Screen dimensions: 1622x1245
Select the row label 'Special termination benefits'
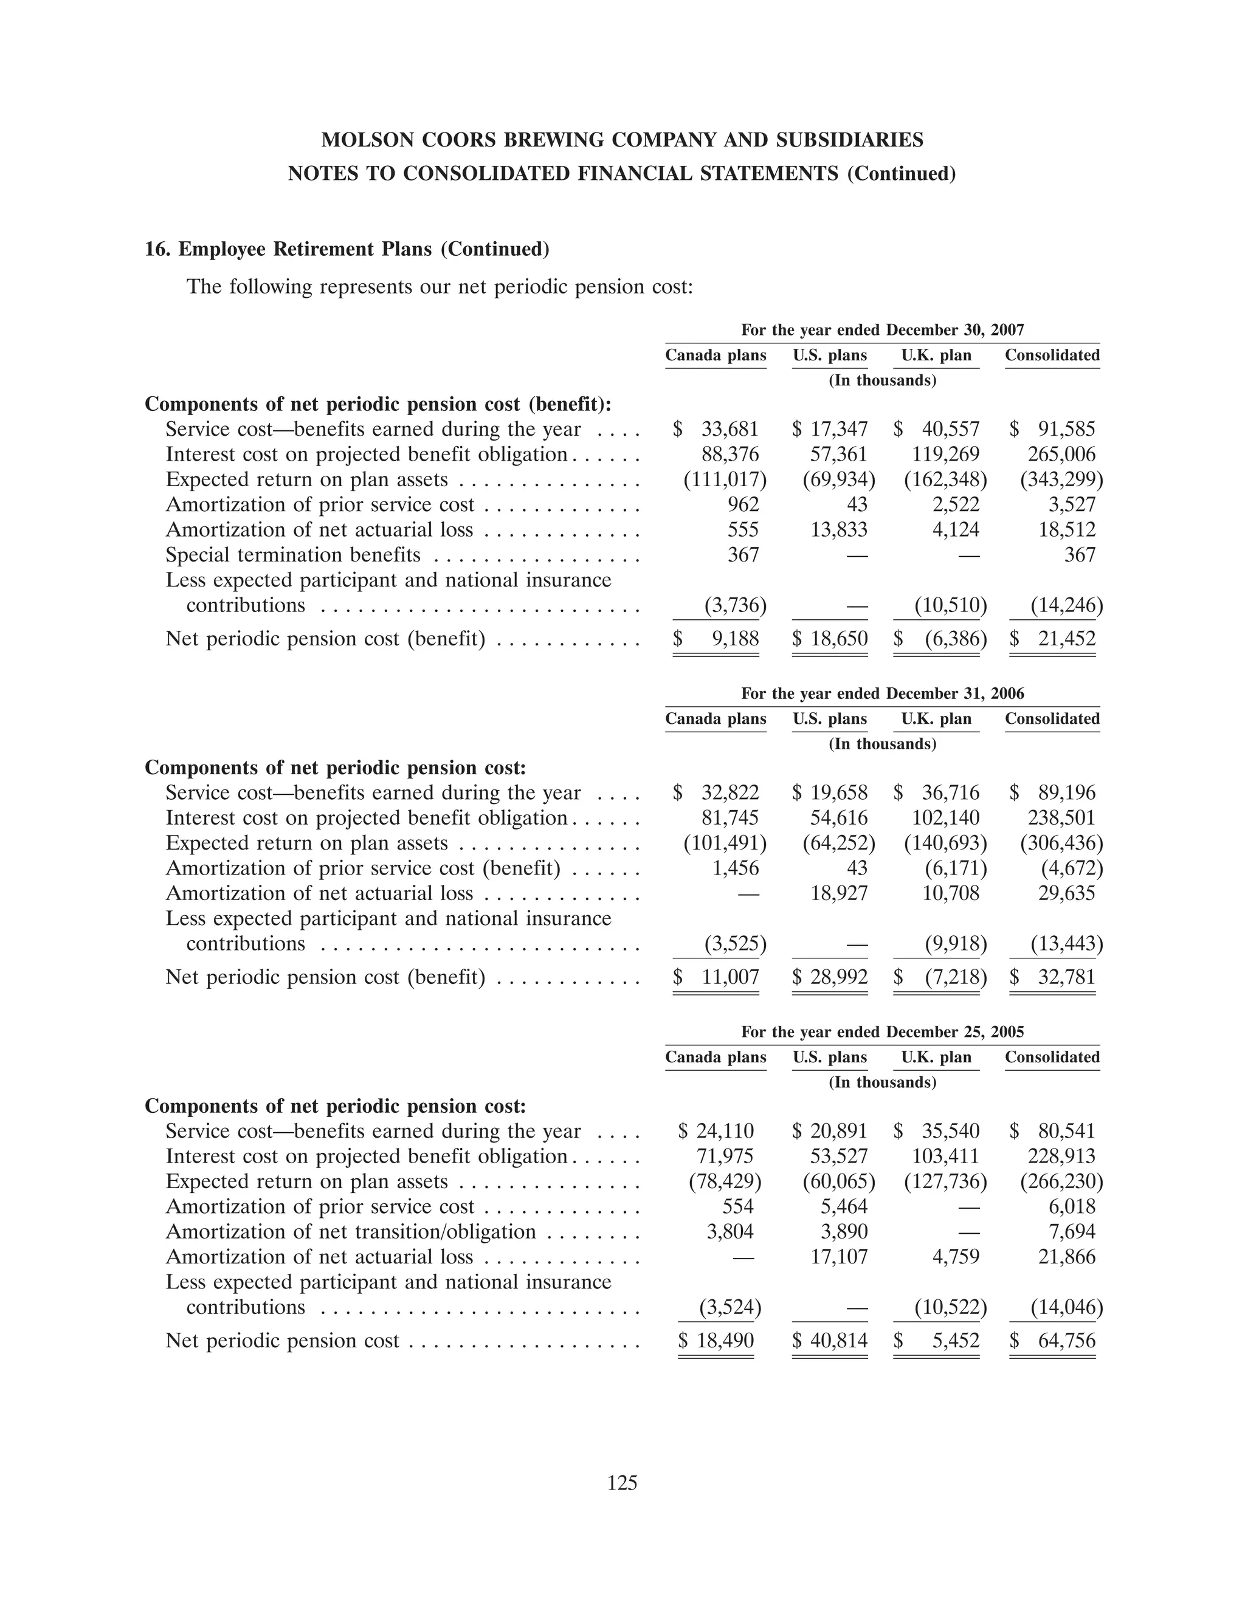click(293, 555)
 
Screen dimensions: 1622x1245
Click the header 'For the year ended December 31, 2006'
click(882, 693)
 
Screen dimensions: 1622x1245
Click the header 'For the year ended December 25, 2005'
click(882, 1032)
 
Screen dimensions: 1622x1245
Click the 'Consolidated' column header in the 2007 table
click(1052, 356)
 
